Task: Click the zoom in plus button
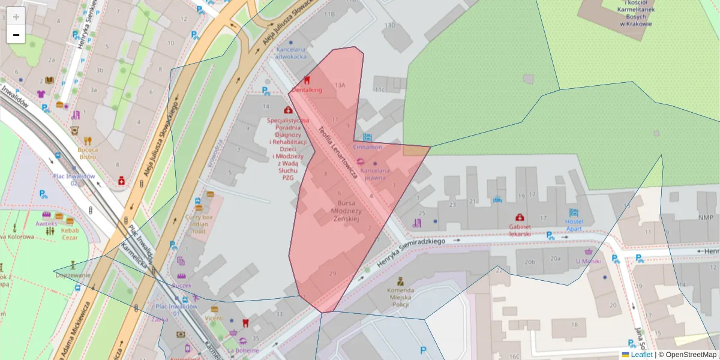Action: pyautogui.click(x=16, y=16)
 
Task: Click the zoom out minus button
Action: pyautogui.click(x=16, y=35)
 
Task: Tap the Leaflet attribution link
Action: pyautogui.click(x=641, y=355)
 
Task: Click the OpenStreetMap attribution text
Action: pyautogui.click(x=691, y=355)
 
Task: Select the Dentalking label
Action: pyautogui.click(x=307, y=89)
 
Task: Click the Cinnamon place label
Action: pyautogui.click(x=367, y=146)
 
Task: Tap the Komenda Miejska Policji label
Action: pyautogui.click(x=400, y=298)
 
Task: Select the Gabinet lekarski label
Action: pyautogui.click(x=520, y=230)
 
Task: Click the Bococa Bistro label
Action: pyautogui.click(x=87, y=153)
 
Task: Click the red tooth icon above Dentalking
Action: pyautogui.click(x=307, y=80)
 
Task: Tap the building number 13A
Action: pyautogui.click(x=340, y=85)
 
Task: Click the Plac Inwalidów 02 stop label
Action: pyautogui.click(x=74, y=179)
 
